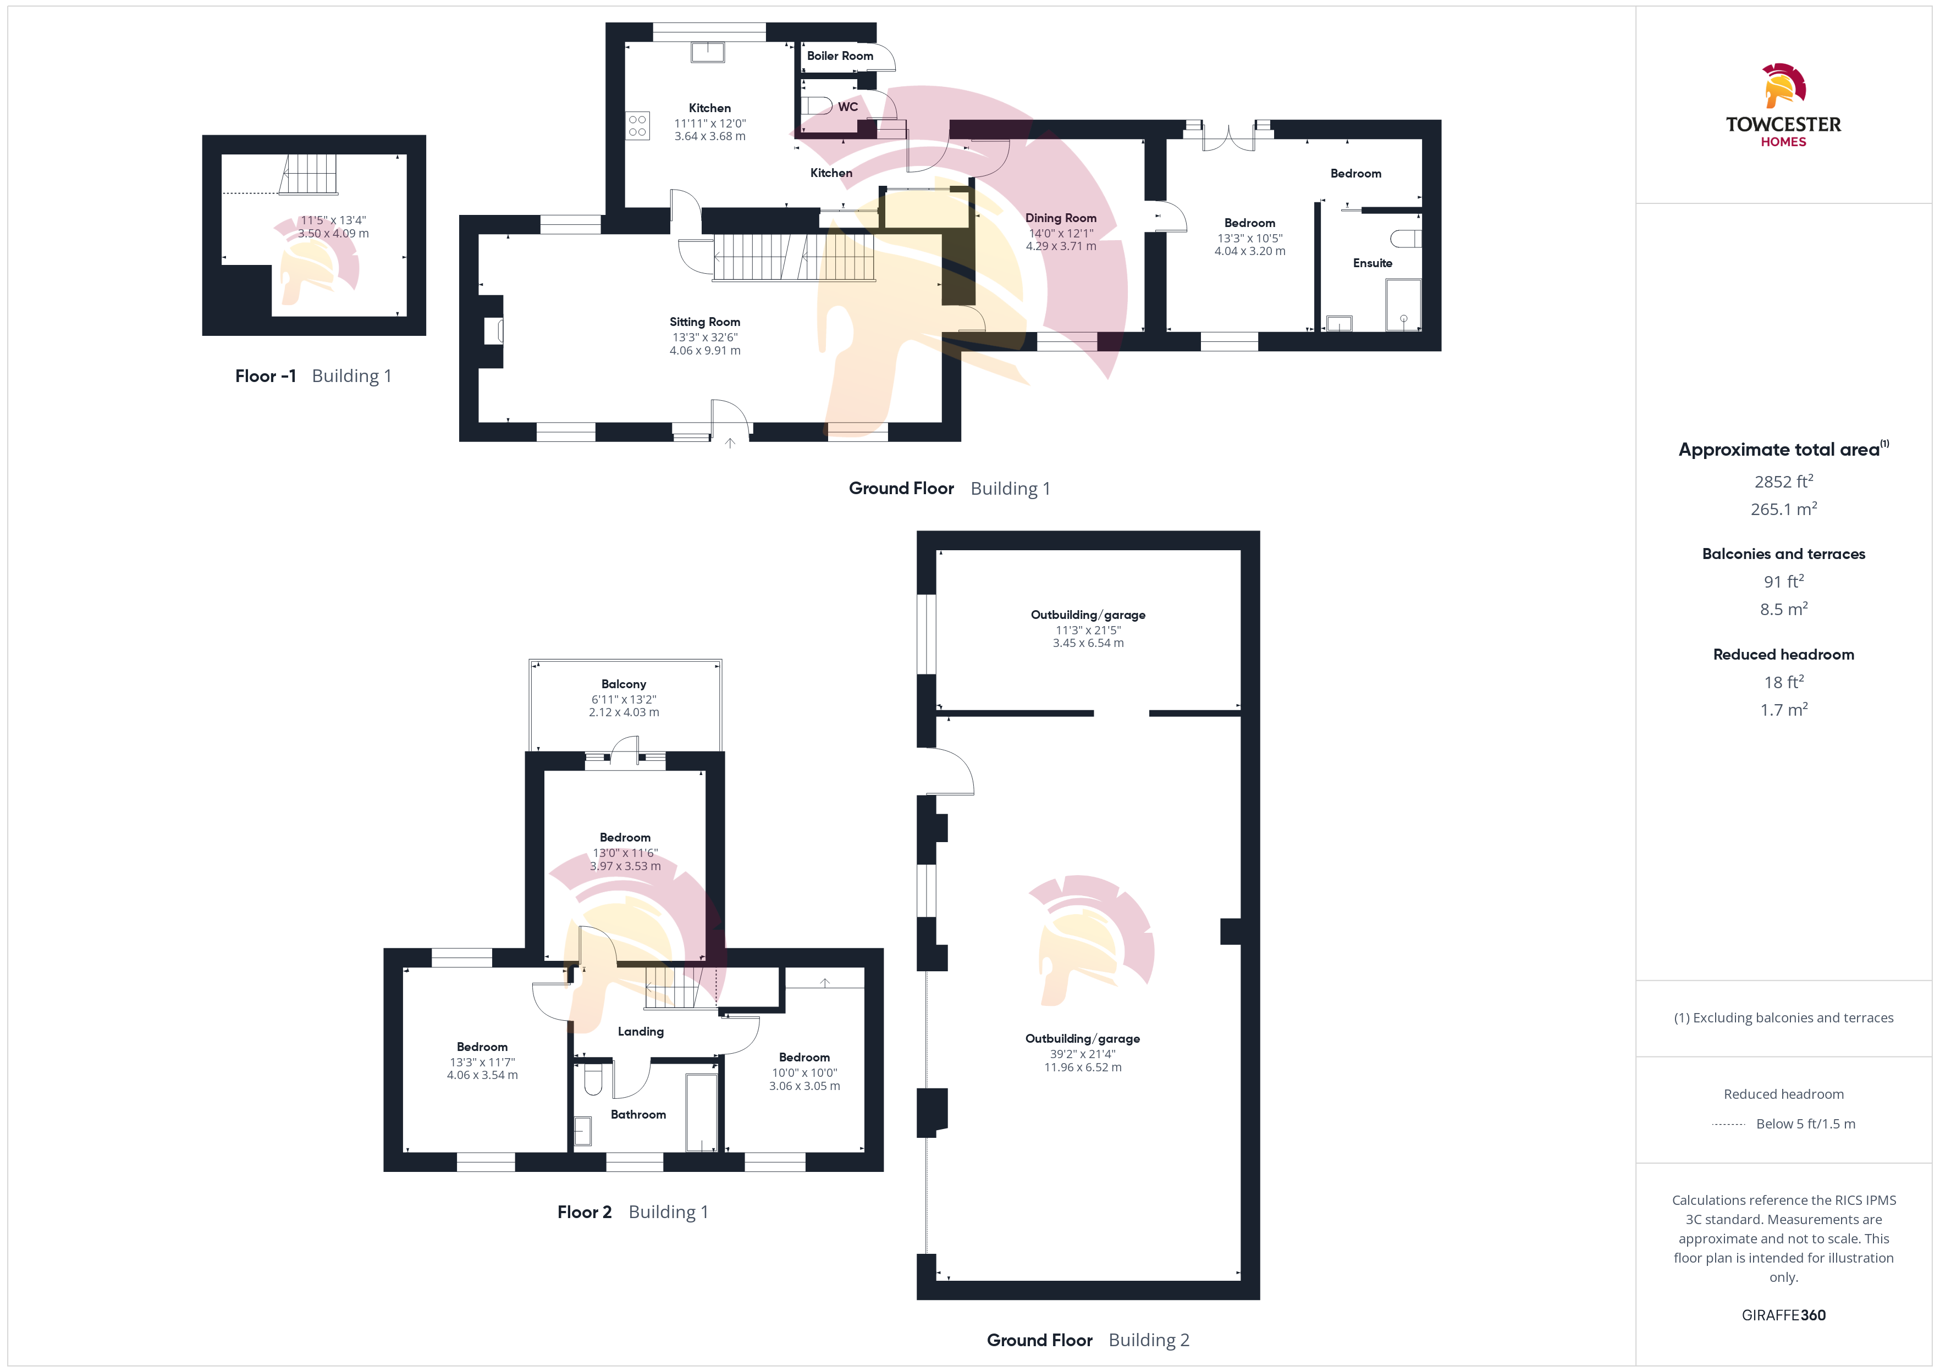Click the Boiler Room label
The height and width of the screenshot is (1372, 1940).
(840, 56)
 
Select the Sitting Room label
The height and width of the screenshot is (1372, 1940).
(705, 322)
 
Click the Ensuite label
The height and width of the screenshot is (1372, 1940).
(1372, 263)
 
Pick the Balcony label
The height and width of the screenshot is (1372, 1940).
(624, 684)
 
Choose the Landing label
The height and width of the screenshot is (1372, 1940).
(641, 1032)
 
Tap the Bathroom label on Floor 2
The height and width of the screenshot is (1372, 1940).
(638, 1114)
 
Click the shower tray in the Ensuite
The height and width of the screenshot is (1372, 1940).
(1403, 305)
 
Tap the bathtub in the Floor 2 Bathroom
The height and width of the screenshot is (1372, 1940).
(701, 1112)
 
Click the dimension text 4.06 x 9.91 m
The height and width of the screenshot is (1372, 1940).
(705, 351)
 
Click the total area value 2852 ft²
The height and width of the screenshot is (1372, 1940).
(1784, 482)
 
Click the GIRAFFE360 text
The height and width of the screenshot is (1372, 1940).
(1784, 1315)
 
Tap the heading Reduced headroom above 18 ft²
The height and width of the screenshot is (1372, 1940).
(1784, 655)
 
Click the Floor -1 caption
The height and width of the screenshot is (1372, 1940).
(265, 376)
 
